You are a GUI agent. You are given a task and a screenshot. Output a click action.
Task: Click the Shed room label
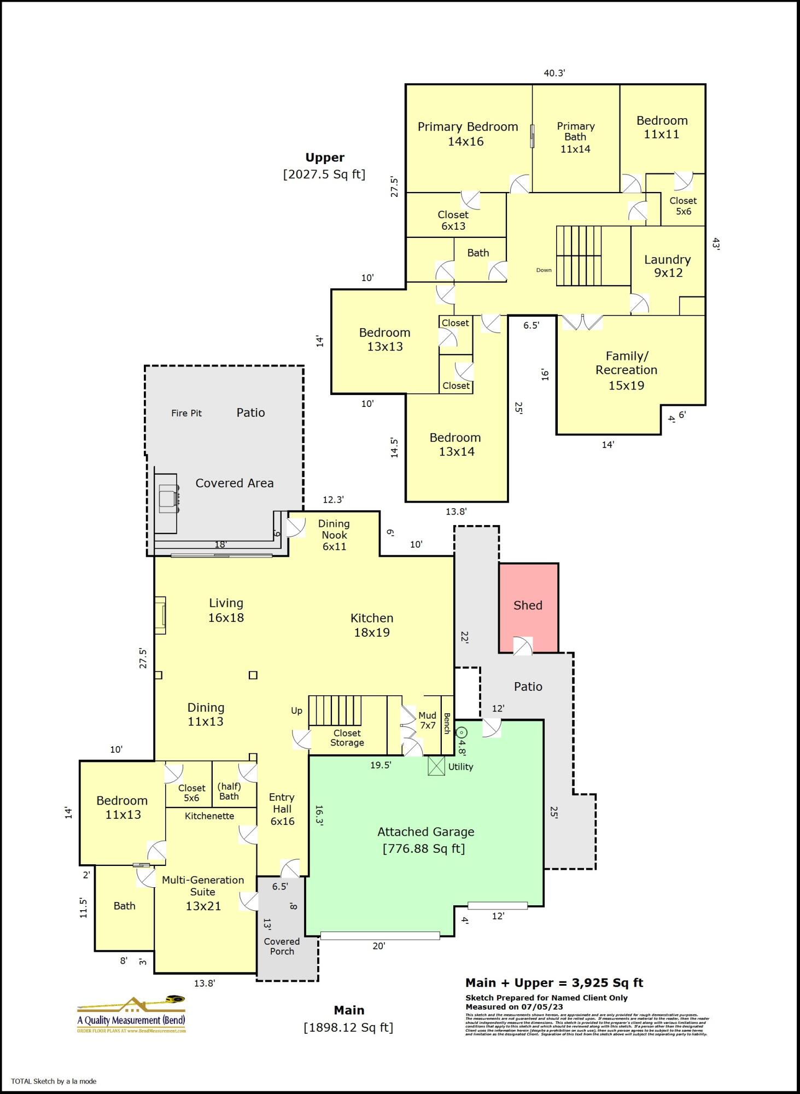coord(528,605)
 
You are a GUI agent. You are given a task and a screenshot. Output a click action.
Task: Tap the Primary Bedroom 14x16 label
coord(468,134)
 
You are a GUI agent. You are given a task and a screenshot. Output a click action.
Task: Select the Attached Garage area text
coord(425,840)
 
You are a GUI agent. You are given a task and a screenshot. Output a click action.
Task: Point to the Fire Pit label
coord(186,413)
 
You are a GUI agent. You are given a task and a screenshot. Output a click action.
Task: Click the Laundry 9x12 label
coord(668,266)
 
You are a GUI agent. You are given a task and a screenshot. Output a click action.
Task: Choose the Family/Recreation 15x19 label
coord(627,370)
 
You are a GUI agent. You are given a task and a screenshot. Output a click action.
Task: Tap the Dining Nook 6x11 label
coord(334,535)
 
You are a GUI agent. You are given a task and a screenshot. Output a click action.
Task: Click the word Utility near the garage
coord(460,766)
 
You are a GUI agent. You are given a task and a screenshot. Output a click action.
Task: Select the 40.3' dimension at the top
coord(554,73)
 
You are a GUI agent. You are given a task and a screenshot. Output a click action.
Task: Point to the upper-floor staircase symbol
coord(579,255)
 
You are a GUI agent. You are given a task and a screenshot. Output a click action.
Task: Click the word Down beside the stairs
coord(544,270)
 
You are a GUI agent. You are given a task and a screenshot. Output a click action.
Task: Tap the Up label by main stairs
coord(296,711)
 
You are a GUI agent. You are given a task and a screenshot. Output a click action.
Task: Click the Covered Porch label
coord(282,946)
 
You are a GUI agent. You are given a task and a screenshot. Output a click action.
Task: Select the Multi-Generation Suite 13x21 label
coord(203,893)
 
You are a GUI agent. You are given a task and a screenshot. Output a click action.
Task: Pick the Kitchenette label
coord(209,816)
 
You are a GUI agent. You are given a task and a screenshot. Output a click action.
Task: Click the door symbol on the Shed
coord(522,646)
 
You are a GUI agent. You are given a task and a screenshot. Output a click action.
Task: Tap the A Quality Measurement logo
coord(131,1015)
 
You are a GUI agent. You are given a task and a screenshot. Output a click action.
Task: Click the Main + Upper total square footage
coord(554,982)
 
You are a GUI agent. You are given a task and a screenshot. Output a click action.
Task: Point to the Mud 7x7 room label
coord(427,720)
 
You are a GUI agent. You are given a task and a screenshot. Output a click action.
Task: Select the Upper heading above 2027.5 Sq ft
coord(325,158)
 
